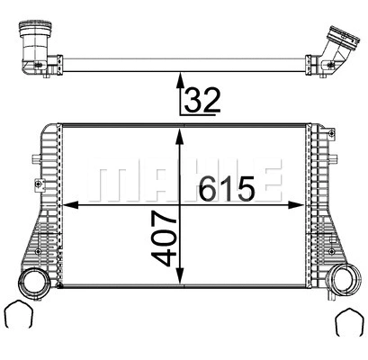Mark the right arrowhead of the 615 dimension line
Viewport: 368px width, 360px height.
(303, 204)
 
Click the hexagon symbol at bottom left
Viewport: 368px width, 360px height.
(19, 316)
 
